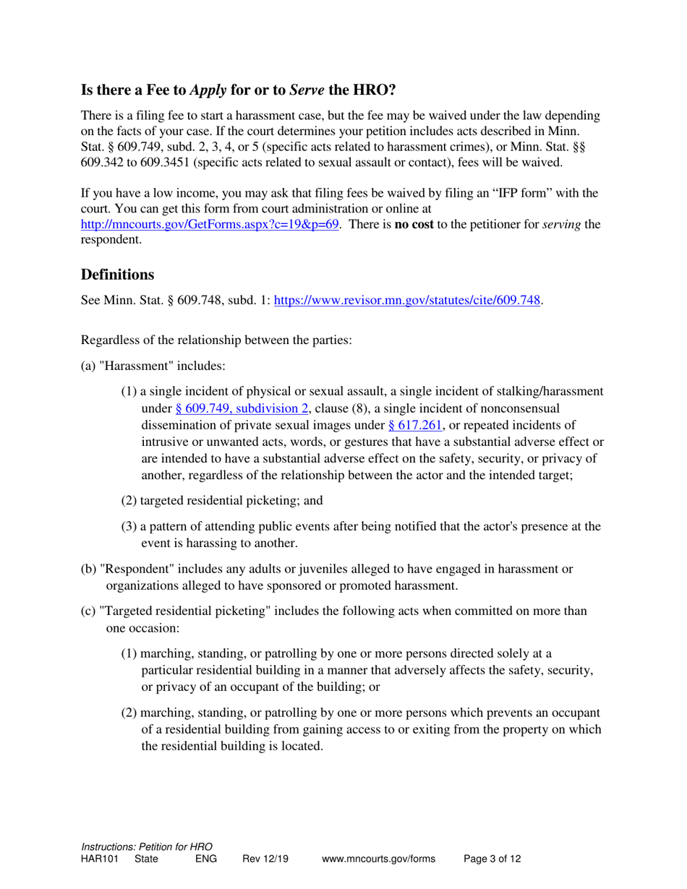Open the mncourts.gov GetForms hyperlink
click(x=210, y=224)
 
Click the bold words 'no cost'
click(x=413, y=224)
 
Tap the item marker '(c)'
click(x=88, y=611)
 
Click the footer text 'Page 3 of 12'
click(x=492, y=859)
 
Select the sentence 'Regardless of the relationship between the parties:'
click(x=216, y=339)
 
